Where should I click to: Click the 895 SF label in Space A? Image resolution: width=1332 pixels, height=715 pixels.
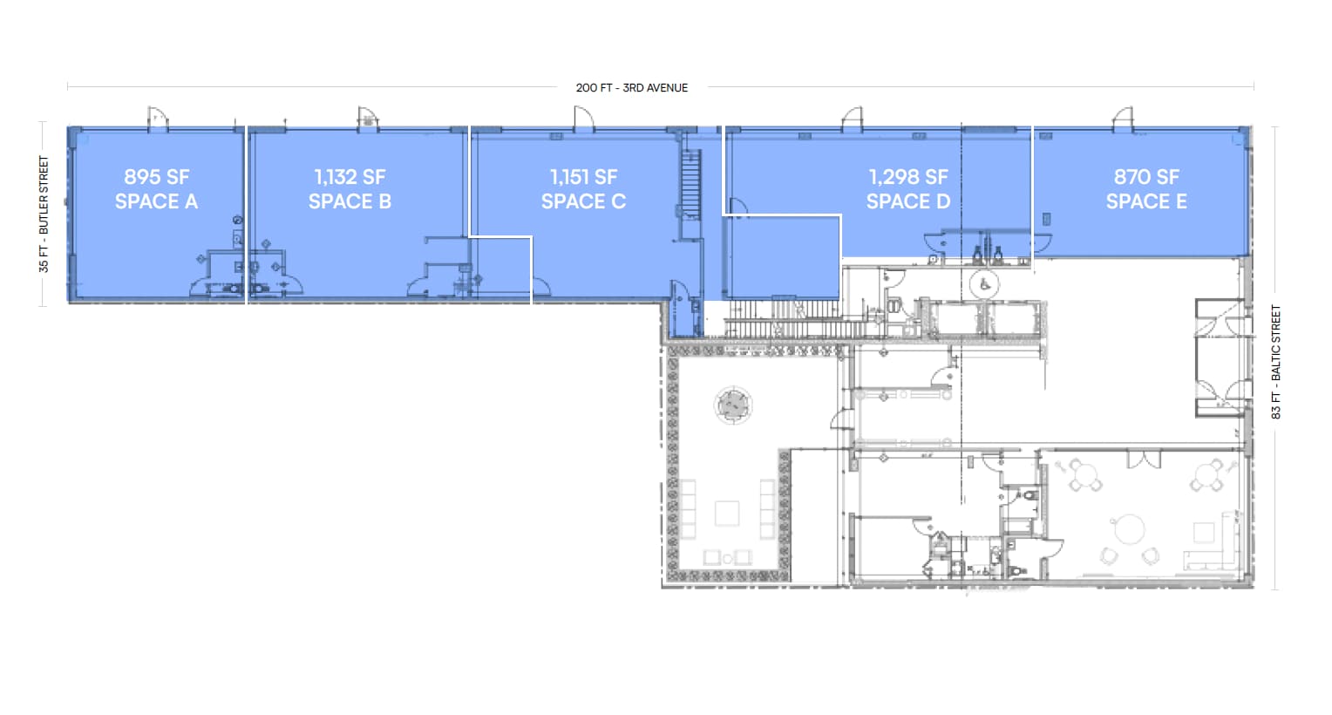tap(156, 177)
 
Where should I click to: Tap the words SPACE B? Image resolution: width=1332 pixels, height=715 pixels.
tap(350, 201)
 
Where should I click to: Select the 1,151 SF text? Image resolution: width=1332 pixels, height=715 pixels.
tap(583, 177)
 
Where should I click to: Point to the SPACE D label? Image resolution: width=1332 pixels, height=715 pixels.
tap(907, 201)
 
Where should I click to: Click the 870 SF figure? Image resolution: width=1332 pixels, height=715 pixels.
tap(1146, 177)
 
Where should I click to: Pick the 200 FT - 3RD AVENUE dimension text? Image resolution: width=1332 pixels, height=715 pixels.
tap(632, 88)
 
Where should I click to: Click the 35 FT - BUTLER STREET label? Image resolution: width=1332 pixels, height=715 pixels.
tap(44, 214)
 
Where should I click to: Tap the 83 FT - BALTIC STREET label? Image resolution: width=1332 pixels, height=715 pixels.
tap(1276, 362)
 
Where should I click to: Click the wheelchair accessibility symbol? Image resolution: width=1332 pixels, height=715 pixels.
tap(985, 284)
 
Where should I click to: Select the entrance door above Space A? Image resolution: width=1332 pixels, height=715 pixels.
tap(157, 119)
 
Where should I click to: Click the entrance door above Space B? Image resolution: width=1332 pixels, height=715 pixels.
tap(368, 119)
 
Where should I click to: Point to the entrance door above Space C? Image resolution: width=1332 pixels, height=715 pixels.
tap(582, 119)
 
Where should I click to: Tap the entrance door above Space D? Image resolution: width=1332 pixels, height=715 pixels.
tap(852, 119)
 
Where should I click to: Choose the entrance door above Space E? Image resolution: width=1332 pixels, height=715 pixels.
tap(1123, 119)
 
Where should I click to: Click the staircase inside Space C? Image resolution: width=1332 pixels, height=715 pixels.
tap(690, 184)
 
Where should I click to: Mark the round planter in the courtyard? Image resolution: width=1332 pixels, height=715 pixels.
tap(733, 405)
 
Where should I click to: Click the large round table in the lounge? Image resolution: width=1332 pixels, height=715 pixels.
tap(1130, 528)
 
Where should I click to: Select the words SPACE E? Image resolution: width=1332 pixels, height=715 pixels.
tap(1146, 201)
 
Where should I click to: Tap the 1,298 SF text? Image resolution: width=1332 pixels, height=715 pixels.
tap(907, 177)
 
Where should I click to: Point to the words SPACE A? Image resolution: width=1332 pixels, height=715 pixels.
tap(156, 201)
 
